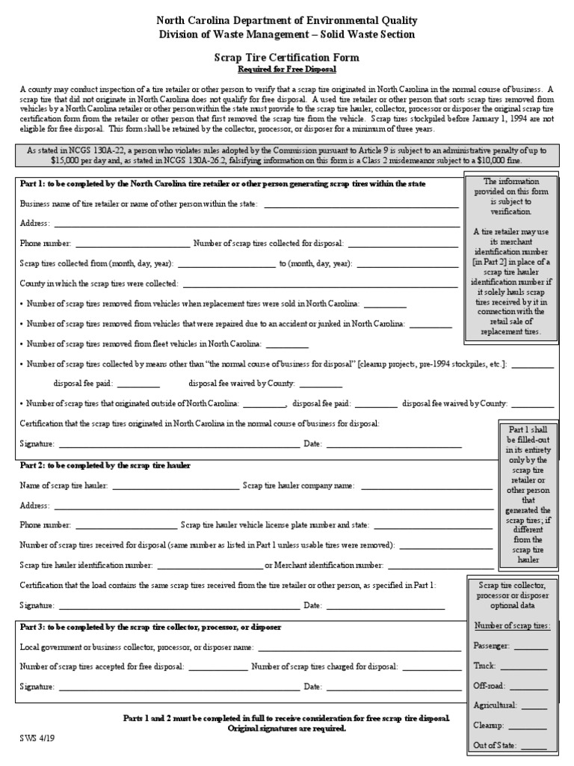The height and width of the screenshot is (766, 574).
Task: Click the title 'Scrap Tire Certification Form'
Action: coord(287,58)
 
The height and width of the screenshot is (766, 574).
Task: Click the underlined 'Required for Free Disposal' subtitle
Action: coord(287,70)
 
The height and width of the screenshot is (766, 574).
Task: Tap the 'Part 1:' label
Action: coord(33,184)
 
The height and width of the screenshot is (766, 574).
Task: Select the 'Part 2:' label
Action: coord(33,465)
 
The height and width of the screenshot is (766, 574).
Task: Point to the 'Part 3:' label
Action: coord(33,627)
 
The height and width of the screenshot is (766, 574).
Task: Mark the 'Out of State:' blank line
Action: coord(534,747)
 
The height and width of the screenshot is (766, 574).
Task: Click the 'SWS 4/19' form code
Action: coord(37,737)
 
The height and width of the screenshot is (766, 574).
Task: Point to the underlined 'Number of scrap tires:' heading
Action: coord(512,625)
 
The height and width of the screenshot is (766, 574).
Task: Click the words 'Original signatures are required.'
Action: coord(287,729)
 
